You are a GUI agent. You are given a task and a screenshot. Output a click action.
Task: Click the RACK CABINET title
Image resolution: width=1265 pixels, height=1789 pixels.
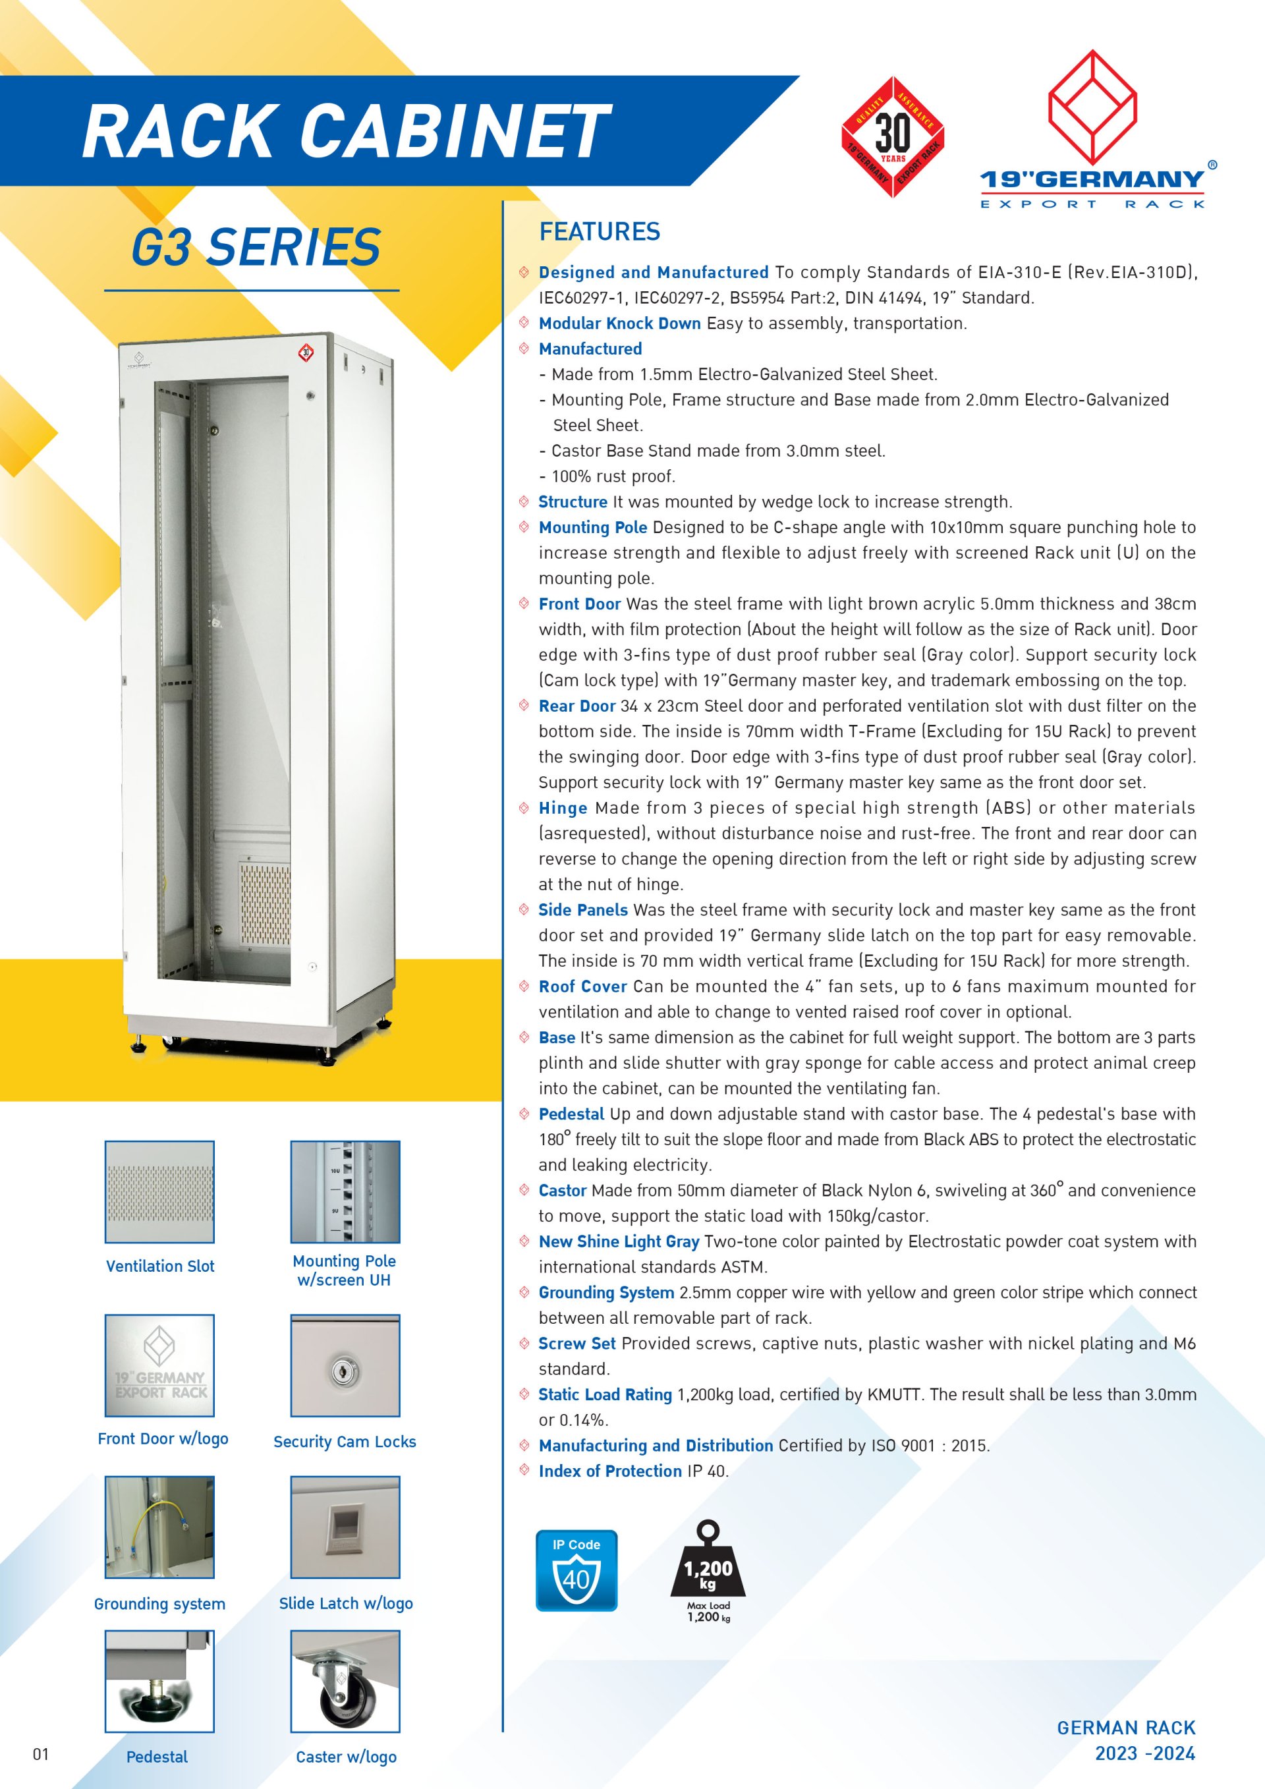click(346, 131)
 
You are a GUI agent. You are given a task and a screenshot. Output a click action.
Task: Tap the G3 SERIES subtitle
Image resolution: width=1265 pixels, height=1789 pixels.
click(256, 247)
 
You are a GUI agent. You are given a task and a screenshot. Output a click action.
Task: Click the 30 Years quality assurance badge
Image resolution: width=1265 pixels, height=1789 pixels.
click(893, 137)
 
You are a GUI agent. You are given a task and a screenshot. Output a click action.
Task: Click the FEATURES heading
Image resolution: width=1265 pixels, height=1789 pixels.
click(599, 231)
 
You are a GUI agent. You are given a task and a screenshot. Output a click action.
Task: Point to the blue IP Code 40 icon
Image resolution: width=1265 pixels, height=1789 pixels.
click(576, 1571)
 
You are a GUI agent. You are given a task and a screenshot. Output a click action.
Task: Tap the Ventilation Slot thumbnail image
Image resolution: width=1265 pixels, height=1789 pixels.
click(159, 1192)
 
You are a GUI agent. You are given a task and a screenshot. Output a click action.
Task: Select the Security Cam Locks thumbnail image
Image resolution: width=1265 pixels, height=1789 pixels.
click(345, 1365)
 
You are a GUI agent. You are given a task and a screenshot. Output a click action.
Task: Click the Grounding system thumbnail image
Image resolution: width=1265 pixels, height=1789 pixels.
click(159, 1527)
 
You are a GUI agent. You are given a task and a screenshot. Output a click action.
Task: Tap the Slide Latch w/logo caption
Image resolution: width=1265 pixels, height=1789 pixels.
click(346, 1603)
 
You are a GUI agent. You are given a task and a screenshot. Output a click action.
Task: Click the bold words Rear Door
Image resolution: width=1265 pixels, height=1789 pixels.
click(576, 706)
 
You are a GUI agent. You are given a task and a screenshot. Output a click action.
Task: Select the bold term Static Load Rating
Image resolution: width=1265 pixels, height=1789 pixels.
click(605, 1395)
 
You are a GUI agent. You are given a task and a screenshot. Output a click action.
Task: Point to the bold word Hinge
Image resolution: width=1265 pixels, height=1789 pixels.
click(563, 808)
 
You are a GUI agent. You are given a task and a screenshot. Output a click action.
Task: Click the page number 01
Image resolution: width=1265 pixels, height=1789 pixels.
click(40, 1754)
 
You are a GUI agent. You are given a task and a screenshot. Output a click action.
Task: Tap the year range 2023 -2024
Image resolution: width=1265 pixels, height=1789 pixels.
click(1144, 1753)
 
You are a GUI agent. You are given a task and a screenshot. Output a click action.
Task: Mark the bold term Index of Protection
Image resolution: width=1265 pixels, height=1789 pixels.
click(610, 1471)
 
